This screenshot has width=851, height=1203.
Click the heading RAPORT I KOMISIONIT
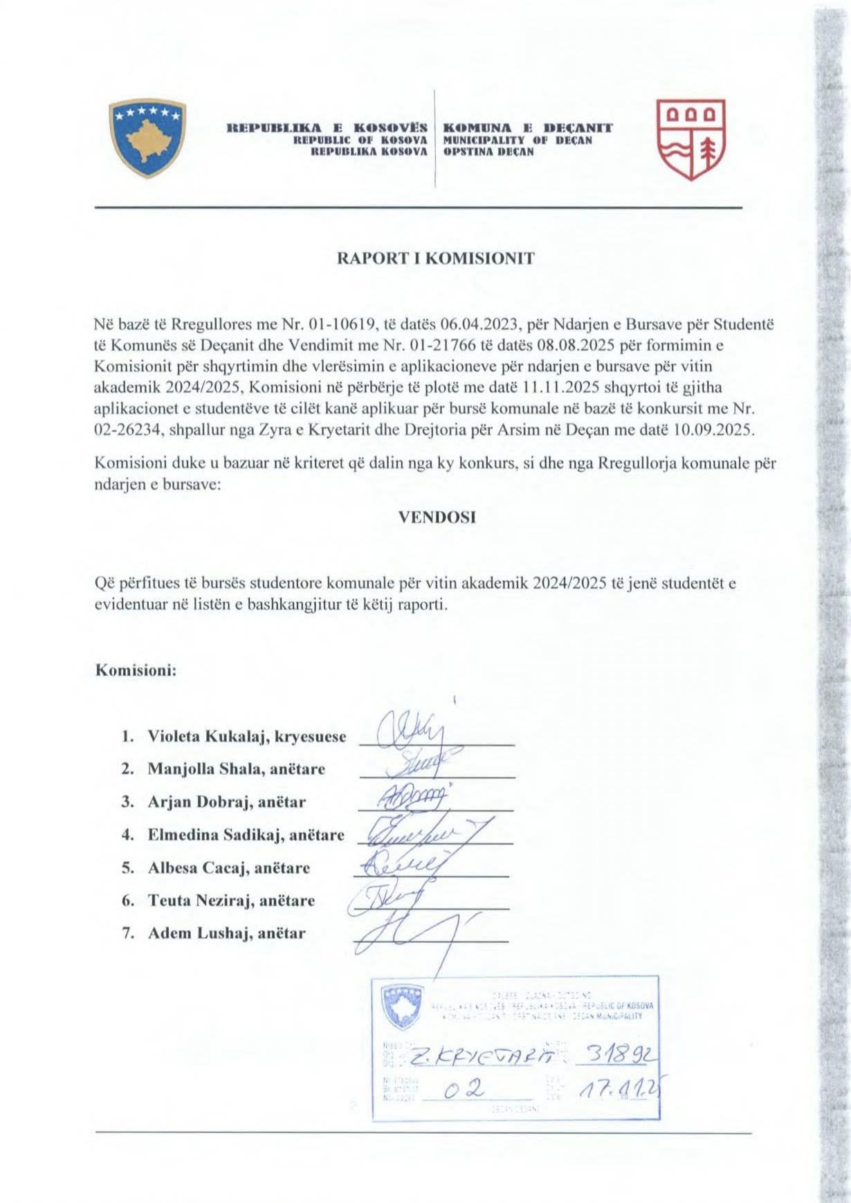(x=435, y=259)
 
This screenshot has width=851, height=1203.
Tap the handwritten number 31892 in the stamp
(x=620, y=1056)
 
